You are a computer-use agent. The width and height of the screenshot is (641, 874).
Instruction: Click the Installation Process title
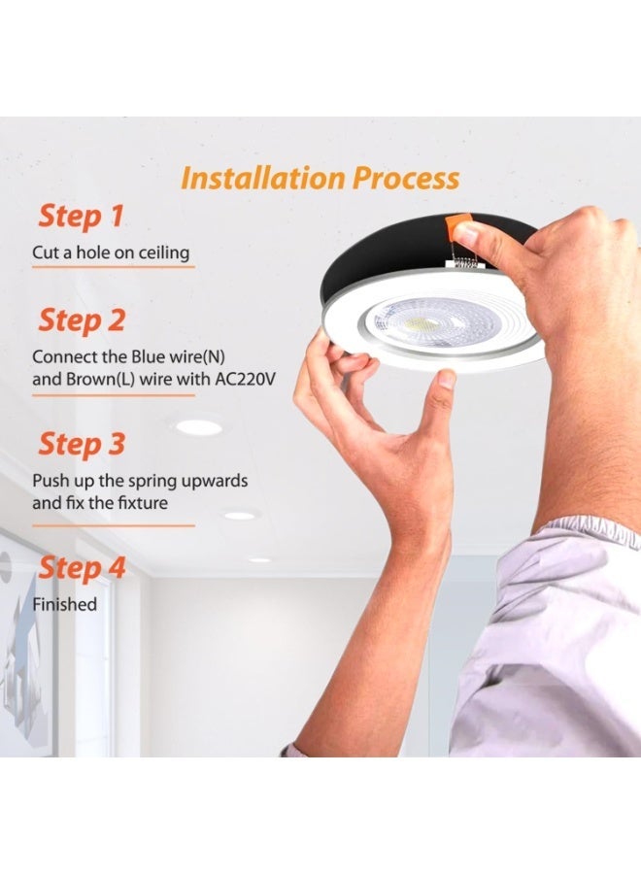point(320,179)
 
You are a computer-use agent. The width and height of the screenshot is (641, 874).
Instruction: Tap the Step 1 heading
point(81,217)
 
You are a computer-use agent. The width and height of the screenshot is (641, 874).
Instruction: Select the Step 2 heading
point(82,320)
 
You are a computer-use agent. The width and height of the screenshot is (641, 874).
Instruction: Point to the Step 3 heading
point(82,444)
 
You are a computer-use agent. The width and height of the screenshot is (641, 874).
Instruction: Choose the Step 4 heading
point(82,568)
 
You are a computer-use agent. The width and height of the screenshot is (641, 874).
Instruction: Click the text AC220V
point(246,379)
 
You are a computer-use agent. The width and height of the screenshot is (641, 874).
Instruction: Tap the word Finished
point(65,604)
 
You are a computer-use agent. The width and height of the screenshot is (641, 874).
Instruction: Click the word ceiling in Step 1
point(164,252)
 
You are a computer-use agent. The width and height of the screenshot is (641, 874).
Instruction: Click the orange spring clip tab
point(458,225)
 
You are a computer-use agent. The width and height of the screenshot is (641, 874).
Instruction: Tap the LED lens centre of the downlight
point(417,322)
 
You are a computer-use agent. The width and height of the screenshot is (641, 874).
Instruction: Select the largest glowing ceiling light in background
point(199,427)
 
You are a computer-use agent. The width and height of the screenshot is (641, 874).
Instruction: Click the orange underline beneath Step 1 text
point(114,268)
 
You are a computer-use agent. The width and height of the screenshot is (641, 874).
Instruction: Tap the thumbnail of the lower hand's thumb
point(447,380)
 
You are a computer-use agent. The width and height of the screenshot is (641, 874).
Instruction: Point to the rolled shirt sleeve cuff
point(587,533)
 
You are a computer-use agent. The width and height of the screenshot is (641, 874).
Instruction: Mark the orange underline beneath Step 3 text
point(114,525)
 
